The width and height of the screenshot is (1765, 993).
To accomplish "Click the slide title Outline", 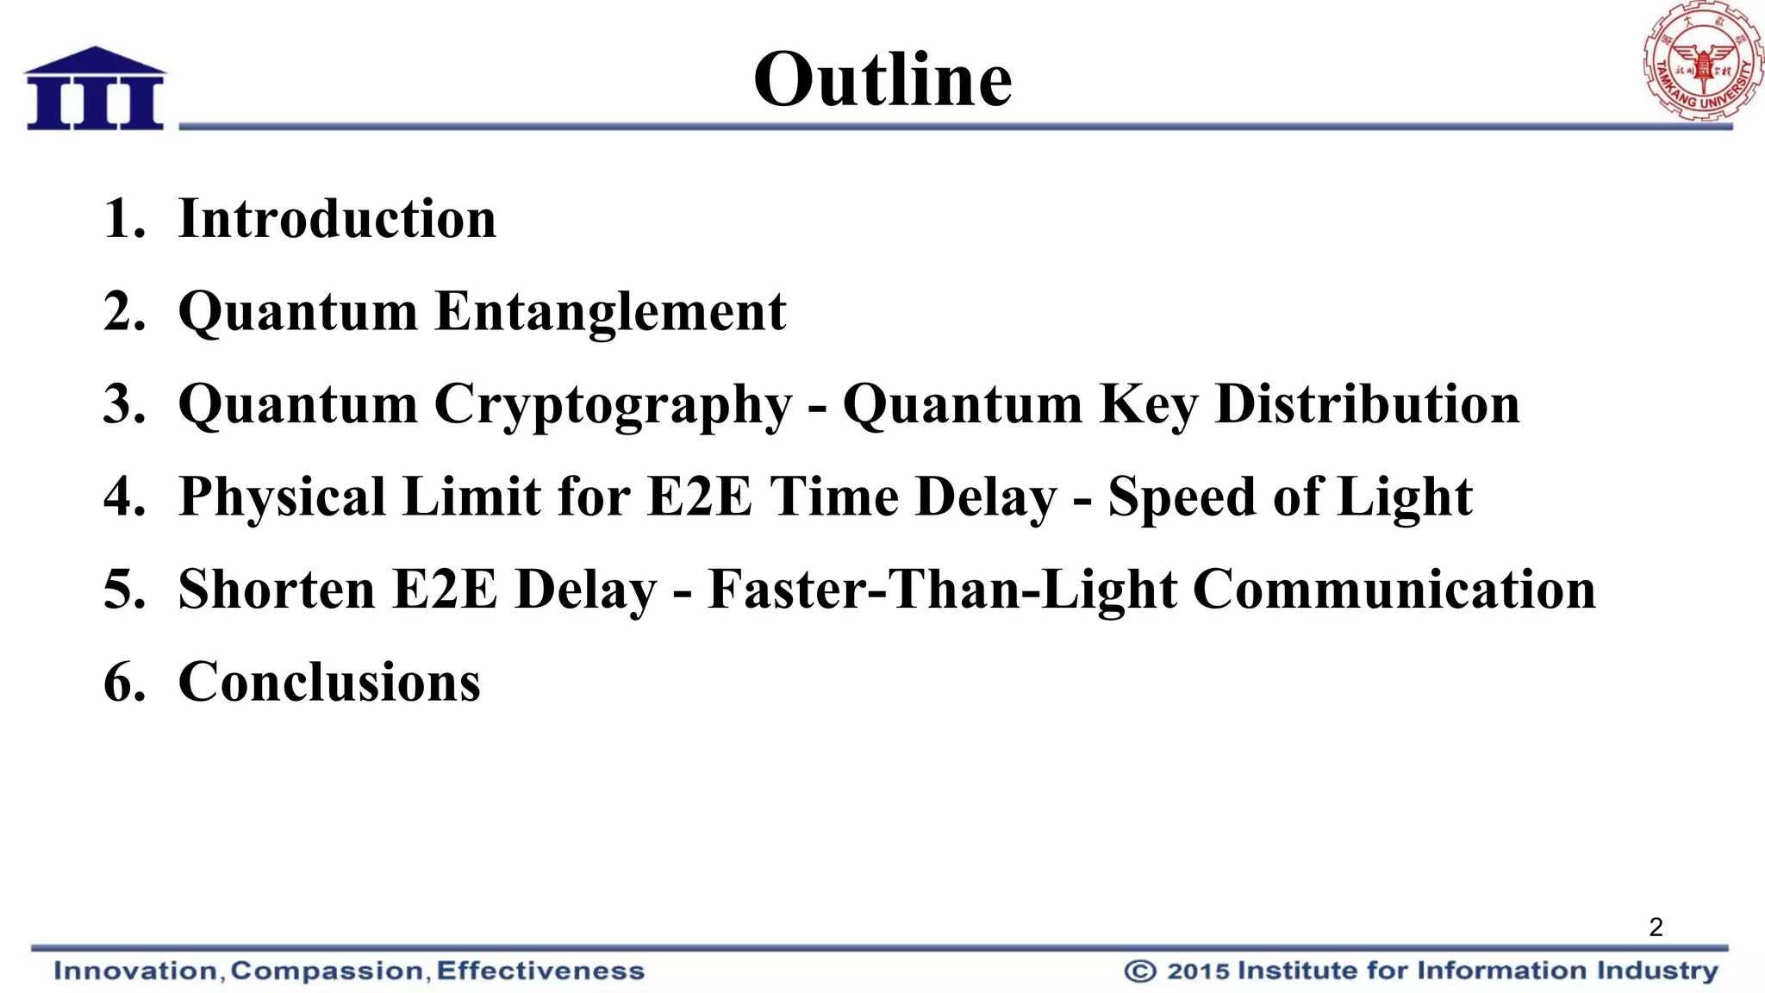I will click(x=882, y=79).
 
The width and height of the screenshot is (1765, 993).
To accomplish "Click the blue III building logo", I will click(x=95, y=90).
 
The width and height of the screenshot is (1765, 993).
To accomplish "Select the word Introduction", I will click(x=337, y=218).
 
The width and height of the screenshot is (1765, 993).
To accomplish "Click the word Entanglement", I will click(x=610, y=311).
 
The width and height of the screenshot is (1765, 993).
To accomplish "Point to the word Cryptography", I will click(x=613, y=404).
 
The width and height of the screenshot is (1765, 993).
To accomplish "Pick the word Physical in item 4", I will click(x=282, y=497).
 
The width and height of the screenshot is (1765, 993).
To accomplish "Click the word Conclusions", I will click(x=329, y=683).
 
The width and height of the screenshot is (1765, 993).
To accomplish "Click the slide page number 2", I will click(x=1656, y=927).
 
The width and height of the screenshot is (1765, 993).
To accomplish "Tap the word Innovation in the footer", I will click(x=135, y=971).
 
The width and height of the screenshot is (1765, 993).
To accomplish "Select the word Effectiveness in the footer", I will click(x=540, y=971).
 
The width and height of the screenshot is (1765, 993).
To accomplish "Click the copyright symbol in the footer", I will click(x=1139, y=971).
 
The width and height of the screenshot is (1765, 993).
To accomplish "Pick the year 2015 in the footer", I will click(x=1198, y=971).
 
